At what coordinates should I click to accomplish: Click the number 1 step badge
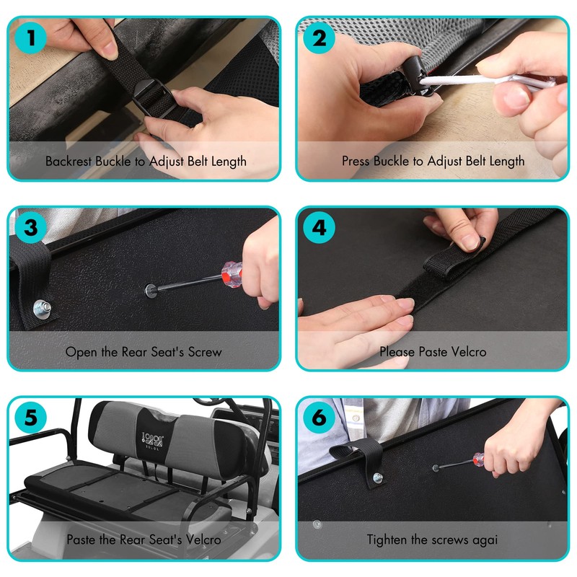(x=31, y=38)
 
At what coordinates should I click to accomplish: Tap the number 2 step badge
(x=319, y=38)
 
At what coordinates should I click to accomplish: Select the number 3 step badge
(x=31, y=228)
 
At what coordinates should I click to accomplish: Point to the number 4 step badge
(x=319, y=228)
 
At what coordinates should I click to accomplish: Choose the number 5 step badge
(x=31, y=418)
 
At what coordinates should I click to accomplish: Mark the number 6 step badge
(x=319, y=418)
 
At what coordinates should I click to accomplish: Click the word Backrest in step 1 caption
(x=69, y=161)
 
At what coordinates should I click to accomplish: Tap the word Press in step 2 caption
(x=356, y=161)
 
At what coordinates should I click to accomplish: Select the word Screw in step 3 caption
(x=205, y=352)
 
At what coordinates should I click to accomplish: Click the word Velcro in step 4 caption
(x=468, y=352)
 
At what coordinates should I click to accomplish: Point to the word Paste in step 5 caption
(x=82, y=539)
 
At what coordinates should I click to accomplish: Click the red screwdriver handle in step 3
(x=232, y=274)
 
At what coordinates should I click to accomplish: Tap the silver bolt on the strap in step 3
(x=42, y=308)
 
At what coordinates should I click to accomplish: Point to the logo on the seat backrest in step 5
(x=152, y=441)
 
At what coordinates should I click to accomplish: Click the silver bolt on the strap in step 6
(x=377, y=478)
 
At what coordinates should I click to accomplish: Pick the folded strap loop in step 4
(x=454, y=257)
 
